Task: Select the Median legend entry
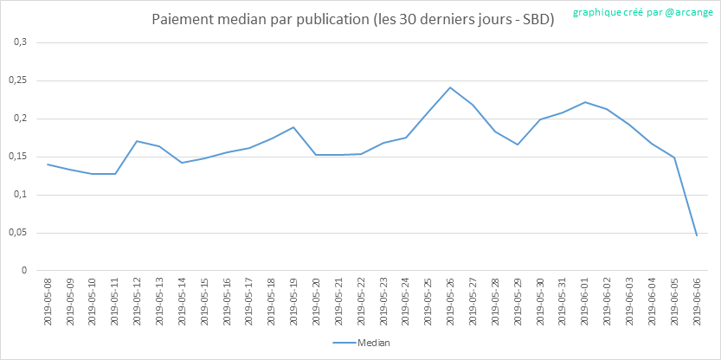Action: point(361,343)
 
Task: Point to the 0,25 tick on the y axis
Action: point(17,80)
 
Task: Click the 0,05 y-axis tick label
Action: point(17,233)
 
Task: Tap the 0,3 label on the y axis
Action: point(21,42)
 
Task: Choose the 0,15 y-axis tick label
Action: point(17,157)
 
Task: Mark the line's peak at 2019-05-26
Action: point(451,87)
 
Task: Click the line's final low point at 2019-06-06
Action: point(697,235)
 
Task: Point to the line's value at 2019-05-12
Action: point(138,141)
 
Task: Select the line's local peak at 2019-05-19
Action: point(294,127)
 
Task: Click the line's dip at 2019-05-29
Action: point(518,145)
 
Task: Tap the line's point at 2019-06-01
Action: point(585,102)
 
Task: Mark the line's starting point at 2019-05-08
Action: point(48,164)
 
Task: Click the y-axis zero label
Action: point(24,271)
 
